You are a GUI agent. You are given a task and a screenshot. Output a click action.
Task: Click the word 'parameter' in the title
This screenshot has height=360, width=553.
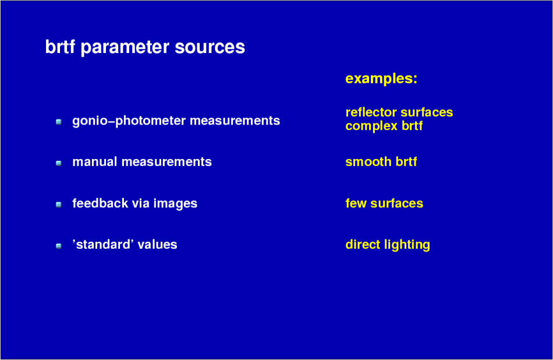125,48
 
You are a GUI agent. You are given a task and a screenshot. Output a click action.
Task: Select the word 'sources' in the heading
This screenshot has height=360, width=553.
210,47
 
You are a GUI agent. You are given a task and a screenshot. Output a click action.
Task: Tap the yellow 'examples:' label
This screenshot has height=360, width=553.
381,79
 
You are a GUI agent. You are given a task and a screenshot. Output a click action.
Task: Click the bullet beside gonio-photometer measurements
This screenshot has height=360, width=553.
59,122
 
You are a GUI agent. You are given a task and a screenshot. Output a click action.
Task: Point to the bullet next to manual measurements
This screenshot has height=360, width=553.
59,163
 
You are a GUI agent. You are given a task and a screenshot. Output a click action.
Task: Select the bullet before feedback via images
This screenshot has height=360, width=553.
59,204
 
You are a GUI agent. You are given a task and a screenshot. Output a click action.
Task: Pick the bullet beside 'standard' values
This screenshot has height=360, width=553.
59,246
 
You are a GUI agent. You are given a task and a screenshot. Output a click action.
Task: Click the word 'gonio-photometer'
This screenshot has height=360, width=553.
129,121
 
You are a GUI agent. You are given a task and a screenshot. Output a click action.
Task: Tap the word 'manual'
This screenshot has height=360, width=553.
94,161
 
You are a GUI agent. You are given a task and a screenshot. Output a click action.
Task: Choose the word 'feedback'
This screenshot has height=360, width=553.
100,203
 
